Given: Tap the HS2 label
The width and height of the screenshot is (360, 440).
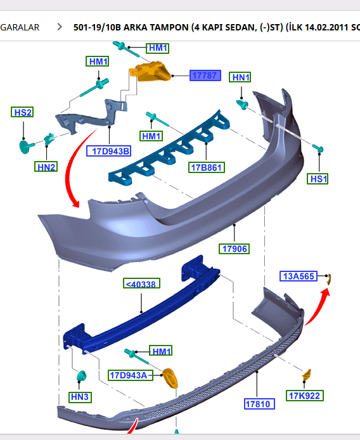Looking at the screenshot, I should tap(22, 112).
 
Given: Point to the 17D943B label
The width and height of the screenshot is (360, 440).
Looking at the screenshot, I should tap(108, 151).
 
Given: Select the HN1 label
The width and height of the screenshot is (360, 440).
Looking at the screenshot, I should tap(241, 77).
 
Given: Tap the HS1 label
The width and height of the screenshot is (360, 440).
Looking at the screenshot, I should tap(318, 179).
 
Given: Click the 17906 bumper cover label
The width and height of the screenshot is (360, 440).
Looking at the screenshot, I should tap(235, 248).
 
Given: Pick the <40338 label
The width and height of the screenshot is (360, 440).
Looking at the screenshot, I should tap(142, 285).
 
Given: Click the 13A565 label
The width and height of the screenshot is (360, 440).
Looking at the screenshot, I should tap(299, 275).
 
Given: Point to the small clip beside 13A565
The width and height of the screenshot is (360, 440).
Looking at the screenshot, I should tap(329, 277).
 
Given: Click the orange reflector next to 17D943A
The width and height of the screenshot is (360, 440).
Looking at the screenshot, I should tap(170, 378).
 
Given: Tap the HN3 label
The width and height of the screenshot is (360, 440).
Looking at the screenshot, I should tap(80, 398).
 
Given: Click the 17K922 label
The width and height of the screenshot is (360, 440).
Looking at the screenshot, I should tap(305, 396).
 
